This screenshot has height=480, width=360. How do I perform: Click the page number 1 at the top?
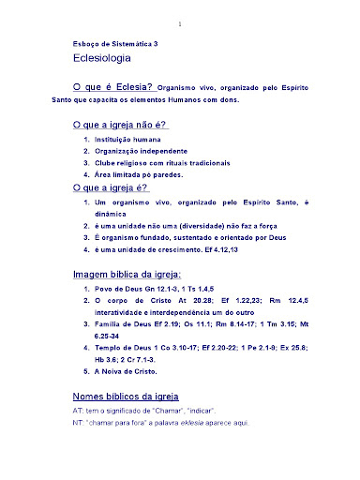[x=181, y=22]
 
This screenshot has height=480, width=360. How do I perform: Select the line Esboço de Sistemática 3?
[x=116, y=43]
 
